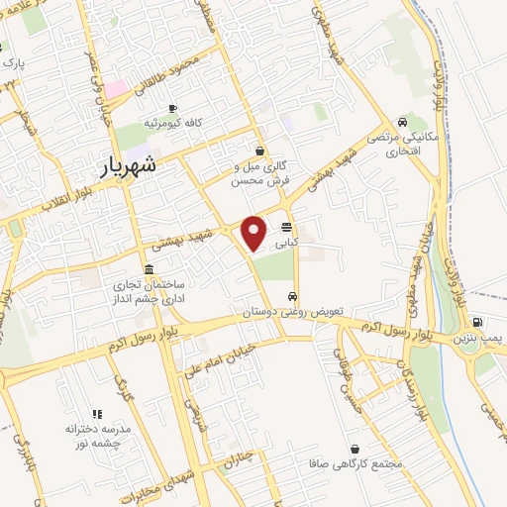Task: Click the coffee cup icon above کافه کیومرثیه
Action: pos(172,108)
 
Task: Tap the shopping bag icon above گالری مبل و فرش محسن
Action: pos(259,152)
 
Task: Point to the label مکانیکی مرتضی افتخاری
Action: pos(397,145)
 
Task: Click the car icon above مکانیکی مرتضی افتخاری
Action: pos(400,122)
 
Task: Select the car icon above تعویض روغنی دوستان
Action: pos(292,296)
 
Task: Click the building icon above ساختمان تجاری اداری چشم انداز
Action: pos(149,269)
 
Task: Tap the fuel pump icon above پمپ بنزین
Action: pos(478,322)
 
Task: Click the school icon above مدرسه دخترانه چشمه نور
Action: pos(96,414)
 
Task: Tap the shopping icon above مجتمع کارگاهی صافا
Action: pos(355,449)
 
